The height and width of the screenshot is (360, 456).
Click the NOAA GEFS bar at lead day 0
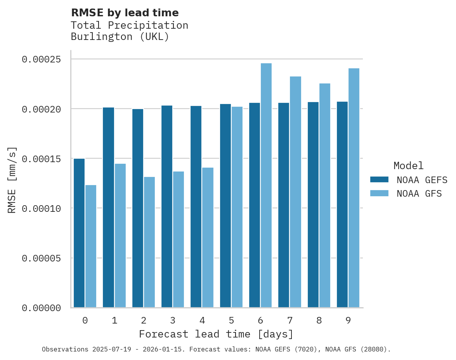pyautogui.click(x=79, y=233)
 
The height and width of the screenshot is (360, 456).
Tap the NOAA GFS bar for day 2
pyautogui.click(x=149, y=242)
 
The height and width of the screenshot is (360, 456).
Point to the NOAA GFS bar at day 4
pyautogui.click(x=208, y=237)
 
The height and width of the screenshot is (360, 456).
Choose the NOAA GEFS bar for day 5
pyautogui.click(x=225, y=206)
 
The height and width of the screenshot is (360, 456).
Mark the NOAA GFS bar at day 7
pyautogui.click(x=295, y=192)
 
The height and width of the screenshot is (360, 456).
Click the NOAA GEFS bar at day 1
pyautogui.click(x=108, y=208)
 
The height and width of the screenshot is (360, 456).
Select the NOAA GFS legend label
pyautogui.click(x=419, y=194)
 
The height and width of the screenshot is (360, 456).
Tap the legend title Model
pyautogui.click(x=408, y=166)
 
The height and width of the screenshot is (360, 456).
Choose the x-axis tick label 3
pyautogui.click(x=173, y=320)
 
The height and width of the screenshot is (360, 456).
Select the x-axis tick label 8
pyautogui.click(x=319, y=320)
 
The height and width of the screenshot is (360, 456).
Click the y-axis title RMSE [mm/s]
pyautogui.click(x=12, y=180)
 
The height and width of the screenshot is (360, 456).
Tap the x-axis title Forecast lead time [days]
pyautogui.click(x=216, y=334)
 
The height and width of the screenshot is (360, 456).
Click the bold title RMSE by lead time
pyautogui.click(x=125, y=13)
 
